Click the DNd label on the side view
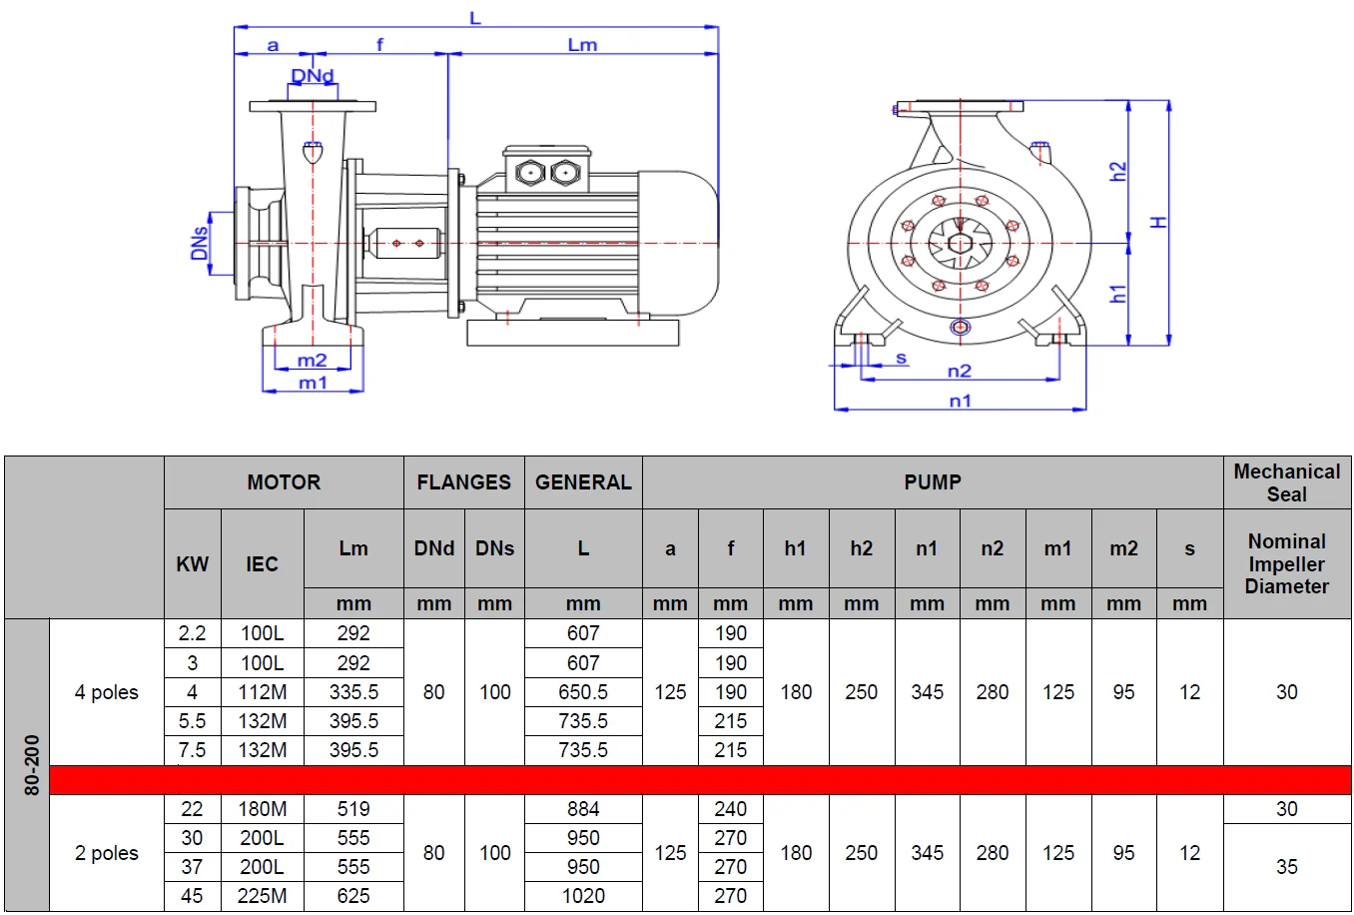pos(313,76)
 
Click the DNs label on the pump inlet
pos(200,243)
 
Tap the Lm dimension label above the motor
pos(582,45)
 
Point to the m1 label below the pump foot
pos(313,383)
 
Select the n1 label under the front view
pos(960,401)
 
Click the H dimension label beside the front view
pos(1159,222)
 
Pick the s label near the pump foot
pos(902,358)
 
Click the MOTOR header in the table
pos(284,482)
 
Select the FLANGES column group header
pos(463,482)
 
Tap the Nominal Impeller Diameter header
pos(1286,563)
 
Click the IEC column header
pos(262,564)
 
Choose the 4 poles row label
pos(106,692)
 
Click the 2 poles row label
pos(106,853)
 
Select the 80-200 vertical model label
pos(31,765)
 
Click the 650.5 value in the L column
pos(583,692)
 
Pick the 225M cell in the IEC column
pos(262,896)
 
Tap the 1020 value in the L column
pos(583,896)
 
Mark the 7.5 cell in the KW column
pos(192,750)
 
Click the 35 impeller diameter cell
pos(1286,867)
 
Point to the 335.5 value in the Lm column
pos(353,692)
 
